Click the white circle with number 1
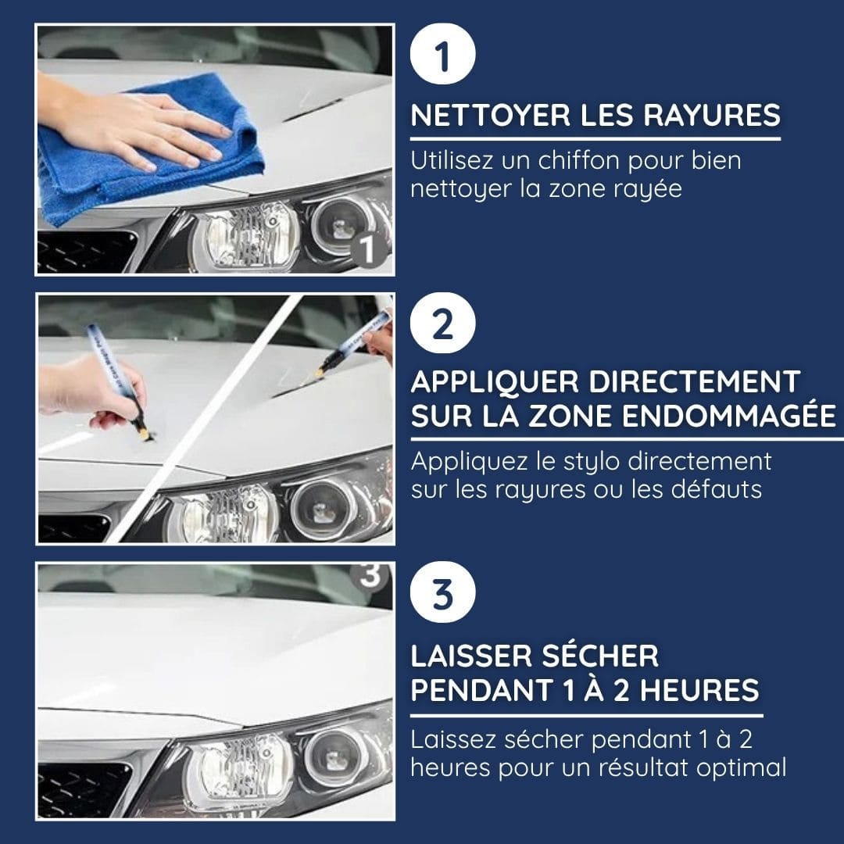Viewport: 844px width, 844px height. pyautogui.click(x=442, y=54)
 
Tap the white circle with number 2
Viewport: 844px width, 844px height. pyautogui.click(x=442, y=324)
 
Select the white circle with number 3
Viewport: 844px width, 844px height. pyautogui.click(x=442, y=592)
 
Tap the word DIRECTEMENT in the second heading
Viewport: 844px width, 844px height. pyautogui.click(x=695, y=381)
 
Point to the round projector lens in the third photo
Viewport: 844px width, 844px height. pyautogui.click(x=334, y=757)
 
